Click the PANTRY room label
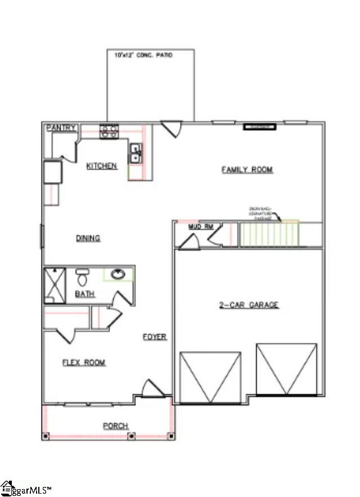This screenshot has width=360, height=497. pos(61,128)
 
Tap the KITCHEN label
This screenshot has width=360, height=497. pos(102,166)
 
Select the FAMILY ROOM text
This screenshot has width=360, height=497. pos(247,169)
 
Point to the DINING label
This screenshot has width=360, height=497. pos(88,238)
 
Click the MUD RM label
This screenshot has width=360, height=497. pos(201,227)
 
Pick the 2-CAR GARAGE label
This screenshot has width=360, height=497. pos(249,305)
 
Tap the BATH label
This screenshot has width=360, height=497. pos(85,294)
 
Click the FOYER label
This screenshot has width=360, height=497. pos(154,337)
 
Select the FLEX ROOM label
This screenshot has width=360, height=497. pos(84,363)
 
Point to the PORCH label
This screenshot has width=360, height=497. pos(115,426)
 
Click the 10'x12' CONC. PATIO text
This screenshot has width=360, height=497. pos(143,55)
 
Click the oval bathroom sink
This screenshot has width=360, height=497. pos(118,275)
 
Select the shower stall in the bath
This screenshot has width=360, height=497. pos(55,286)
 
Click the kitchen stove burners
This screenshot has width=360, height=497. pos(109,132)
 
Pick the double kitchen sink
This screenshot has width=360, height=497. pos(136,153)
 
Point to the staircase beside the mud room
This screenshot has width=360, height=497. pos(269,234)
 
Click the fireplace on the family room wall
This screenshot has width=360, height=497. pos(259,127)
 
